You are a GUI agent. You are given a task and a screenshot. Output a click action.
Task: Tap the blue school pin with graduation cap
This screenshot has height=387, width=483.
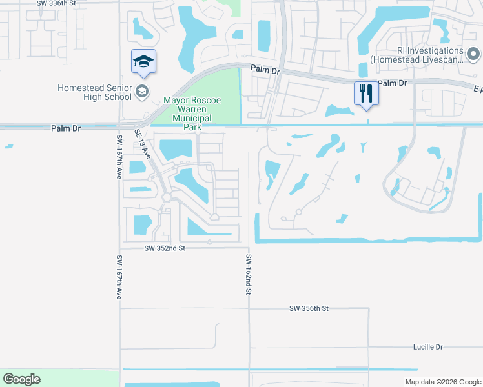click(x=143, y=61)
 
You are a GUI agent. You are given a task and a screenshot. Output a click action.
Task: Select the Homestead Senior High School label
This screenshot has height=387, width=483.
click(x=94, y=92)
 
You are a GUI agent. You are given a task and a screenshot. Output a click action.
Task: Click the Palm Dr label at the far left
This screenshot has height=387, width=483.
click(x=66, y=128)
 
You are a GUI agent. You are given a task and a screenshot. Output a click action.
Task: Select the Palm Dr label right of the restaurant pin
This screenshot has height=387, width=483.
click(x=393, y=83)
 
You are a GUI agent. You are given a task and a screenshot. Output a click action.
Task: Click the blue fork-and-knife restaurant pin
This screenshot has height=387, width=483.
click(x=365, y=93)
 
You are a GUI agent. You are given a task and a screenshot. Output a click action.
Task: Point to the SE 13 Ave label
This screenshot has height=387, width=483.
click(x=143, y=145)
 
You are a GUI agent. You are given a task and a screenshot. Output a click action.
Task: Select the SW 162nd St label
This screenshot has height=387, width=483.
click(x=248, y=274)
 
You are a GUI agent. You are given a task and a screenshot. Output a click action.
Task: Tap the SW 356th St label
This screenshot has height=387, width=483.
click(x=309, y=309)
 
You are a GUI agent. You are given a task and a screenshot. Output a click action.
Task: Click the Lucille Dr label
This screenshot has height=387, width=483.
click(x=428, y=347)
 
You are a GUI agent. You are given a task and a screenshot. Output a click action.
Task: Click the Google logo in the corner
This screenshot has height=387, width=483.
click(x=22, y=379)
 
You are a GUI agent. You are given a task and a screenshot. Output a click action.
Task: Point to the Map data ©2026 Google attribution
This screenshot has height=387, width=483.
click(x=442, y=382)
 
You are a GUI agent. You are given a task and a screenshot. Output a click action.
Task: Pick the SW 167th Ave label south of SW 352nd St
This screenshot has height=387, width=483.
click(x=119, y=277)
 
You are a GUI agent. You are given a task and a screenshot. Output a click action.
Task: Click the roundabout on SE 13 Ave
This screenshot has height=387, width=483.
click(x=167, y=198)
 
